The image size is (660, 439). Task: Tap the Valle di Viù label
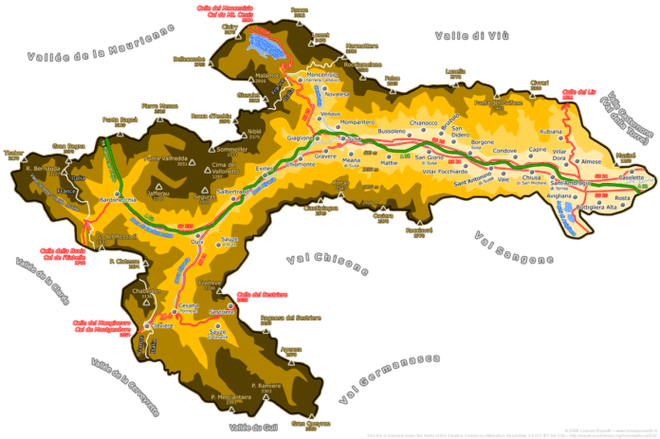pyautogui.click(x=472, y=35)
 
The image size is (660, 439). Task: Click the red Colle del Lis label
pyautogui.click(x=577, y=93)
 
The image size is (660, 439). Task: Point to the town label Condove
pyautogui.click(x=504, y=151)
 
